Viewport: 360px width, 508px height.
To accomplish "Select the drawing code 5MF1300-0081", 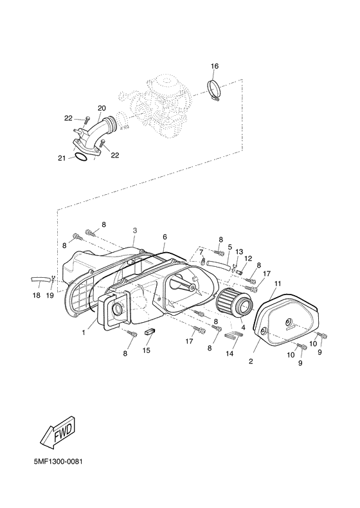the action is point(58,461).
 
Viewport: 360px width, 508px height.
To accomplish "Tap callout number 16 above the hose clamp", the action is point(215,66).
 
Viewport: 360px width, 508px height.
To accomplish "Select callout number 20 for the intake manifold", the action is point(102,108).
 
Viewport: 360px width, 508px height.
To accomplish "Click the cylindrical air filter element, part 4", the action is point(234,300).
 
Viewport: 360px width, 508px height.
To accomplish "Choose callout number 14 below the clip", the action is point(230,354).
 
